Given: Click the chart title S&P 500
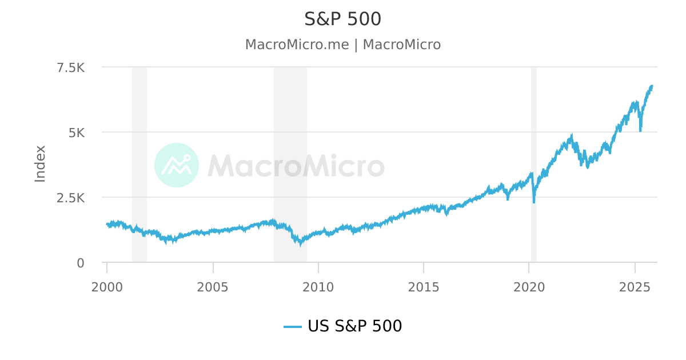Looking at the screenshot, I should (x=343, y=19).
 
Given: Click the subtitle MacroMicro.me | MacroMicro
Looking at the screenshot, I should (x=343, y=45).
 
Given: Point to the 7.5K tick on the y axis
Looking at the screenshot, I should (x=71, y=67).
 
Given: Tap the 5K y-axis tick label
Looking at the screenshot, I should (x=77, y=133).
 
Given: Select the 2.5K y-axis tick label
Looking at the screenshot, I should (x=71, y=198).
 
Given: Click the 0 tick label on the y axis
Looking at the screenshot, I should (x=81, y=263).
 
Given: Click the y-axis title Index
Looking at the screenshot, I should (x=40, y=164).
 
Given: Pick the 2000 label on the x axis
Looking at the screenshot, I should (x=107, y=286).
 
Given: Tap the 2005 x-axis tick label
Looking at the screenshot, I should (x=213, y=286).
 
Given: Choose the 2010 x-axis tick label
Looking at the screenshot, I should (x=318, y=286).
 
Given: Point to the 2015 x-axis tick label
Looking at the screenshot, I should (x=424, y=286).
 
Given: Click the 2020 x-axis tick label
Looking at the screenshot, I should (x=529, y=286).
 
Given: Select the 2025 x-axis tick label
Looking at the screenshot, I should (x=635, y=286).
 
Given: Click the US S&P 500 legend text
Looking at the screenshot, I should (x=354, y=326).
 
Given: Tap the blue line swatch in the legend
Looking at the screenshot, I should (x=293, y=327).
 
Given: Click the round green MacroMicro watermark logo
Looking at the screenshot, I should (x=177, y=165).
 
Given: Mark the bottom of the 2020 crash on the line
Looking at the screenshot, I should (x=534, y=202).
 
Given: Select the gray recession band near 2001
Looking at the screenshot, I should (x=139, y=143).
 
